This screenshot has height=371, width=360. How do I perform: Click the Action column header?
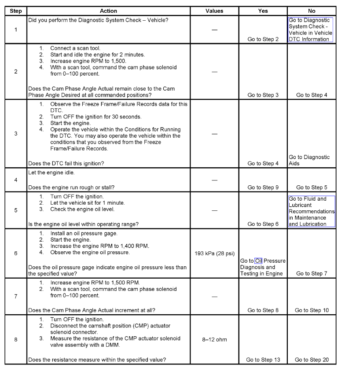[x=108, y=11]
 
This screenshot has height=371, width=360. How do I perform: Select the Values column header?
[x=214, y=11]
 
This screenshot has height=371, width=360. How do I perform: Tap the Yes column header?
[x=263, y=11]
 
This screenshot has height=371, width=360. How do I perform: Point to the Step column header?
[x=16, y=11]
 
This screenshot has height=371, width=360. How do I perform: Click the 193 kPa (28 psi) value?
[x=214, y=253]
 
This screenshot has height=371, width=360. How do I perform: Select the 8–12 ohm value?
[x=214, y=339]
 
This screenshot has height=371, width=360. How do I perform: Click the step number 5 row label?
[x=16, y=210]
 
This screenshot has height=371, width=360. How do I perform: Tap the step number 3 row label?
[x=16, y=133]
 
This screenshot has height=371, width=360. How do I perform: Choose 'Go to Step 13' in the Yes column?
[x=263, y=360]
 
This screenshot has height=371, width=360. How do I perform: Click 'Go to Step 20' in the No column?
[x=312, y=360]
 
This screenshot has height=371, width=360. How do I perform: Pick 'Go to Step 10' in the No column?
[x=312, y=310]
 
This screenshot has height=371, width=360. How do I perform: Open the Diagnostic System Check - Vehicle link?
[x=310, y=29]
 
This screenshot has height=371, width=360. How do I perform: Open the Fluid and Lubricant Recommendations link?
[x=312, y=211]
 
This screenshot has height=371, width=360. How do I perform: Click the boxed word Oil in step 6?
[x=258, y=261]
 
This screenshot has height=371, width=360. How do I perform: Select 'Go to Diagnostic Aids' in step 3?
[x=309, y=160]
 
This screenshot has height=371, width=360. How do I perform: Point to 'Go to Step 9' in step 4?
[x=263, y=187]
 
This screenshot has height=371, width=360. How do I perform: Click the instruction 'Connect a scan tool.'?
[x=75, y=48]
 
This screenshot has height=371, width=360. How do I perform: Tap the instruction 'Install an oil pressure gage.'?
[x=84, y=233]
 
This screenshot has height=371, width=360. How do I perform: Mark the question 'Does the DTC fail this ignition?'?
[x=66, y=164]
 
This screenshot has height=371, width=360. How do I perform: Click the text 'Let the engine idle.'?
[x=51, y=173]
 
